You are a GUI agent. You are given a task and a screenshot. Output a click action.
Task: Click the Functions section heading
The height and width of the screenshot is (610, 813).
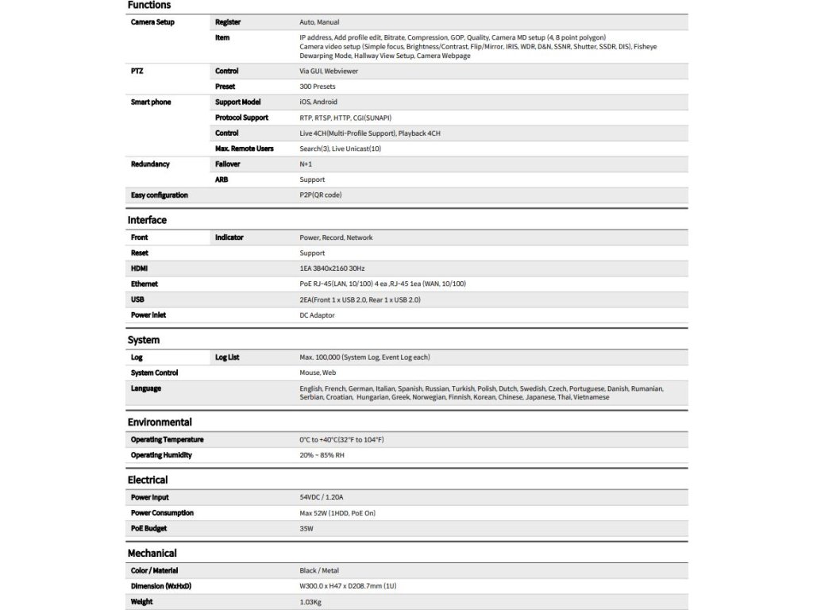149,6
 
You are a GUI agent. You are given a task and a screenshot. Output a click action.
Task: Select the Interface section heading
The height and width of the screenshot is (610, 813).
147,220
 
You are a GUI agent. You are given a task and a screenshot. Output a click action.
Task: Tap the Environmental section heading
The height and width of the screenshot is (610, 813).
160,422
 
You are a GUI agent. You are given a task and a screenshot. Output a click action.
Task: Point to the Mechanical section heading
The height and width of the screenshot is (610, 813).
152,553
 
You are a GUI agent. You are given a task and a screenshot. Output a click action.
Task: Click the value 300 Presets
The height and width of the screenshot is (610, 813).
318,87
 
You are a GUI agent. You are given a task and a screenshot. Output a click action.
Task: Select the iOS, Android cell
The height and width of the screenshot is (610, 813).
318,102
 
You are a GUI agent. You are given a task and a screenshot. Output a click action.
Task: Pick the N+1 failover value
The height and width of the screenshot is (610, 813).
306,164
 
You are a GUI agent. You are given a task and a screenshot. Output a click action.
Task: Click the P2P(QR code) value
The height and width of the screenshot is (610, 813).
321,195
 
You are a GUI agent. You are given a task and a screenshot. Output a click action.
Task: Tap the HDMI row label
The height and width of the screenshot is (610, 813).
140,268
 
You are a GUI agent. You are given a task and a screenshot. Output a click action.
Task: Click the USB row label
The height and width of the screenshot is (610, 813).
137,299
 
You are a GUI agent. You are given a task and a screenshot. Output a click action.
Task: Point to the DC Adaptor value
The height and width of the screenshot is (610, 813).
318,315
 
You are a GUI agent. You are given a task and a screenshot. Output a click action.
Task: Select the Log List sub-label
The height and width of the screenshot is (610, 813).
227,357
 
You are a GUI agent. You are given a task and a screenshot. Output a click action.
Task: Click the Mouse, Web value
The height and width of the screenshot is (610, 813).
318,373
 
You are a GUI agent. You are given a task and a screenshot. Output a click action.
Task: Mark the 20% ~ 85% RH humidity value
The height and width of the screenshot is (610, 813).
322,455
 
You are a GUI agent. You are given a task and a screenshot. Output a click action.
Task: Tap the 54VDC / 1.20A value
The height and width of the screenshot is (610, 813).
322,497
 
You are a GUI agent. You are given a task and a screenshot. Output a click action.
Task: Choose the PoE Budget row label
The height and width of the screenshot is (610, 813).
148,528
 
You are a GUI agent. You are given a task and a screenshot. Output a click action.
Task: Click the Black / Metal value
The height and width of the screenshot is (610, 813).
319,570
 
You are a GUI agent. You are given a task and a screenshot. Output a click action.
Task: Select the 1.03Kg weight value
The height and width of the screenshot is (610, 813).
311,602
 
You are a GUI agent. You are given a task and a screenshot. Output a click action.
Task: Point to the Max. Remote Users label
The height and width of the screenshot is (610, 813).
244,149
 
